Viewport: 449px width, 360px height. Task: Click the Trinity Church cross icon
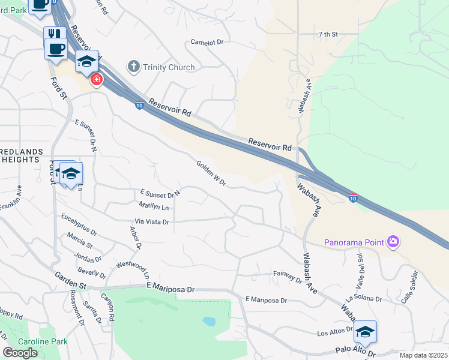[x=134, y=67]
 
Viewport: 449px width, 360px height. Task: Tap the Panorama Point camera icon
[x=394, y=242]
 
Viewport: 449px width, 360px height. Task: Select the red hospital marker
[x=95, y=79]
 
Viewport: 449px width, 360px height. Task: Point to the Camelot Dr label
[x=206, y=43]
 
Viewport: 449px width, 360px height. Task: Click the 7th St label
[x=329, y=35]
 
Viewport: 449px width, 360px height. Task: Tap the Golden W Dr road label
[x=211, y=173]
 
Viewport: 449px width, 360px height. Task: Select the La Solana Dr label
[x=363, y=298]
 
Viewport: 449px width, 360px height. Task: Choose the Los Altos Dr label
[x=333, y=332]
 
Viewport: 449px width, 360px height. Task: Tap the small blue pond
[x=209, y=322]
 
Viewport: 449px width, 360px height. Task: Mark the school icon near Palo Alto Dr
[x=365, y=331]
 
